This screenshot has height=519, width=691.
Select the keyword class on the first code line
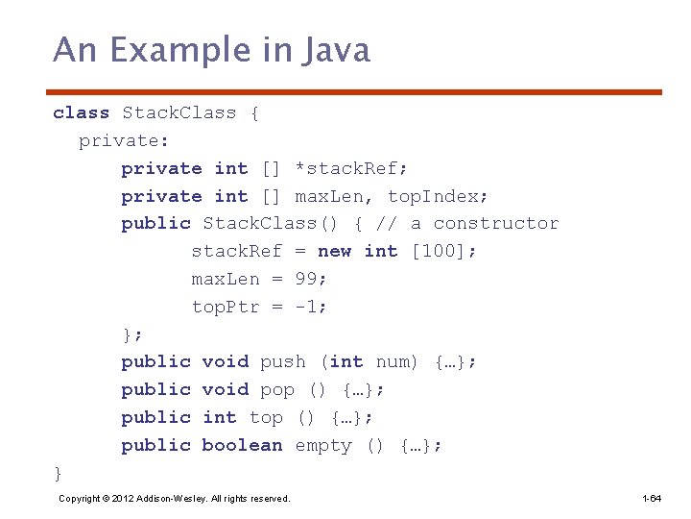coord(82,112)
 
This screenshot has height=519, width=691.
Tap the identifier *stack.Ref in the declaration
coord(351,168)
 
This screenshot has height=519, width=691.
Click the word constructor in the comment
coord(496,223)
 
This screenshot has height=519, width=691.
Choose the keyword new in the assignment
coord(334,251)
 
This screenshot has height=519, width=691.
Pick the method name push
coord(283,361)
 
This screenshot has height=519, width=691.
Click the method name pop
coord(277,389)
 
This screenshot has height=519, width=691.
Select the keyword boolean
coord(242,445)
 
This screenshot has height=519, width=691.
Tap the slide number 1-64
coord(652,498)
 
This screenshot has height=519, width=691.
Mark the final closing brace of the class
coord(58,473)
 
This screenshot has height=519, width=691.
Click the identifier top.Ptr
coord(226,307)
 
